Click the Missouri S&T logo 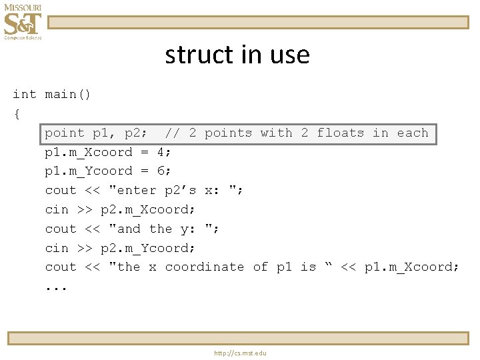click(x=22, y=21)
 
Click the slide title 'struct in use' click(x=237, y=55)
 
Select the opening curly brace click(x=16, y=114)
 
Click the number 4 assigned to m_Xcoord click(x=161, y=152)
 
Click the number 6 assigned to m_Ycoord click(x=161, y=171)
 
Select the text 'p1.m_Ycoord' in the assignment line click(x=88, y=171)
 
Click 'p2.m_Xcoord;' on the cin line click(x=148, y=210)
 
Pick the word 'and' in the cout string click(x=129, y=229)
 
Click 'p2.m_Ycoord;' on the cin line click(x=148, y=248)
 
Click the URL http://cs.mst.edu click(x=240, y=353)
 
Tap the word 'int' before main click(x=25, y=95)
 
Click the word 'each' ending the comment click(x=413, y=133)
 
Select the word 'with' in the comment click(x=277, y=133)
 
